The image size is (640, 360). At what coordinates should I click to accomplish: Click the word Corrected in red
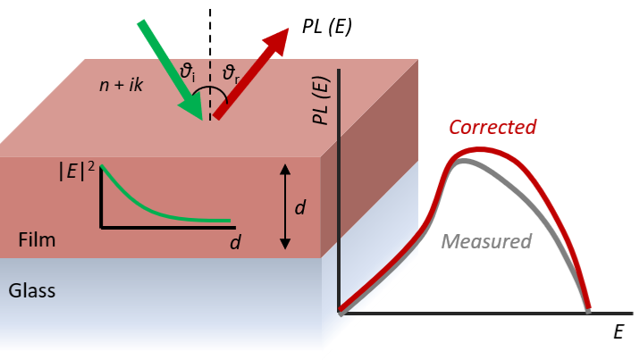coord(493,127)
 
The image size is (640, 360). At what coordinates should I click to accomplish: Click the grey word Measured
coord(486,241)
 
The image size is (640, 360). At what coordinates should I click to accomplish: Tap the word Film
coord(37,239)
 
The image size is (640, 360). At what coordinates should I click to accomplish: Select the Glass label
coord(32,290)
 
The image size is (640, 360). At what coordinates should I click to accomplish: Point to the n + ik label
coord(122,85)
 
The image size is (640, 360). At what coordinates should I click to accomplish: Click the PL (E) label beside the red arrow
coord(326,27)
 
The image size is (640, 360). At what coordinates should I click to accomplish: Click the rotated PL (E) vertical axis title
coord(321,100)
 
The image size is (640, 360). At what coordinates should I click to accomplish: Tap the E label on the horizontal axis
coord(619,332)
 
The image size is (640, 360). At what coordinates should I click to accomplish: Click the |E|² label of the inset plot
coord(77,171)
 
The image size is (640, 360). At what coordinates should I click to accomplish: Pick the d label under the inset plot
coord(235,242)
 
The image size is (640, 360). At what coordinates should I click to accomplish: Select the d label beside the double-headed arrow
coord(300,207)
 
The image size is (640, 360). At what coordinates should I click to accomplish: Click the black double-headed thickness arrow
coord(285,206)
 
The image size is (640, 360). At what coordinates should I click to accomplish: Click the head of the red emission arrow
coord(278,40)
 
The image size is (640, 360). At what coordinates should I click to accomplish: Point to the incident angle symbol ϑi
coord(188,72)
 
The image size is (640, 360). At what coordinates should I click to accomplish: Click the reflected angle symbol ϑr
coord(231,74)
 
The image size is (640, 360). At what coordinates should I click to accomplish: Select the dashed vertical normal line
coord(210,64)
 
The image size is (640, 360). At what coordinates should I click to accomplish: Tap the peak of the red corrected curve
coord(480,150)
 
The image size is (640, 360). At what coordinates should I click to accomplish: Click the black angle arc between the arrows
coord(210,88)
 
